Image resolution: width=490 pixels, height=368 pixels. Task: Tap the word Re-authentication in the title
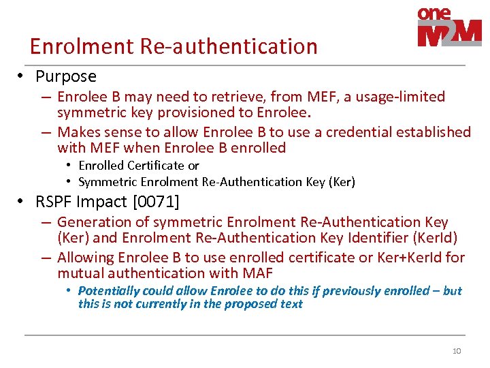(229, 46)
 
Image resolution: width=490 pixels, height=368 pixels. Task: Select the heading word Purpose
(66, 76)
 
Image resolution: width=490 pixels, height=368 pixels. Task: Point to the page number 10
(457, 351)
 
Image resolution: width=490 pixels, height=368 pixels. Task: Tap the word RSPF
(56, 202)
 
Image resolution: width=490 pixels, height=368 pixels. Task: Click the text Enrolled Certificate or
(139, 166)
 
